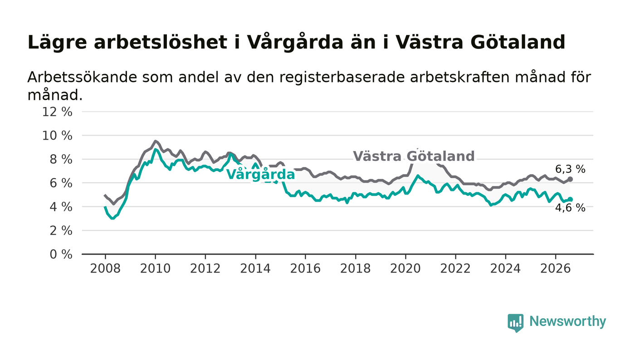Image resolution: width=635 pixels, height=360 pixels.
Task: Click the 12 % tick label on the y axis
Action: coord(57,112)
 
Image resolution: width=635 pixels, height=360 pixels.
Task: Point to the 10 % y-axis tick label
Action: coord(57,136)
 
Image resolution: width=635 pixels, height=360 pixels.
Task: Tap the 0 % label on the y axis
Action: coord(61,254)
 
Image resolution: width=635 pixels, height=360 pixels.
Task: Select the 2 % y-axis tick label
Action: coord(61,231)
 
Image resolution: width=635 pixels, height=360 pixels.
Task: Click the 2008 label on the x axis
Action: coord(105,269)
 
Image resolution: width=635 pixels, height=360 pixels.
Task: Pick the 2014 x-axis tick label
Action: coord(255,269)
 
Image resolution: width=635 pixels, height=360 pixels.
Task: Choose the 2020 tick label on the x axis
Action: coord(405,269)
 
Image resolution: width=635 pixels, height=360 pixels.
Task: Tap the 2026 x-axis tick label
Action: coord(555,269)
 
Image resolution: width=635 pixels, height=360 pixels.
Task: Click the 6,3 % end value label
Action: coord(570,169)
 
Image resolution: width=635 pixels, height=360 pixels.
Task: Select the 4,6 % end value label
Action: coord(570,208)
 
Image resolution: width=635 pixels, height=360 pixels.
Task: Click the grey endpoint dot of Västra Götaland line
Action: coord(571,179)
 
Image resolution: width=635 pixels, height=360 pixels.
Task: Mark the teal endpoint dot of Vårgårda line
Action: coord(571,199)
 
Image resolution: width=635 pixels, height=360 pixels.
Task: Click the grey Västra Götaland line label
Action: coord(414,156)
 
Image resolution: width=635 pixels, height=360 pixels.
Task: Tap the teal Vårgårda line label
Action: coord(260,174)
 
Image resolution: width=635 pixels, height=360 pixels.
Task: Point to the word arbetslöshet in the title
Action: coord(161,42)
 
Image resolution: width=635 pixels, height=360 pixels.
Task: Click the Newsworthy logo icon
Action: coord(516,323)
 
